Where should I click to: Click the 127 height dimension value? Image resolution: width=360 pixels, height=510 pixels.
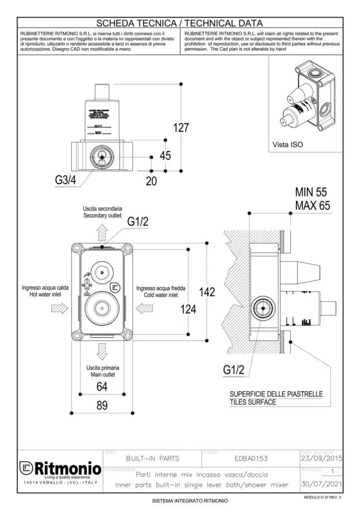(181, 128)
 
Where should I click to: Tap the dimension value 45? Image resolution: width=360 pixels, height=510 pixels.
(165, 156)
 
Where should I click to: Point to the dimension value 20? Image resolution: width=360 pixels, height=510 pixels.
(151, 182)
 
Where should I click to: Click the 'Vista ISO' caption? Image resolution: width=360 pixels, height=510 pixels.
(287, 145)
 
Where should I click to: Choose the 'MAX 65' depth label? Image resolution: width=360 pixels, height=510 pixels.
(312, 206)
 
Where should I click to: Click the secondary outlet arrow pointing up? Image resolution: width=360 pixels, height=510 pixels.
(102, 232)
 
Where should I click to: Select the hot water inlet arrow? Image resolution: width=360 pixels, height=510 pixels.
(59, 309)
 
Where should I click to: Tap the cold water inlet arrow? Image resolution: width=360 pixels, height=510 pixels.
(145, 309)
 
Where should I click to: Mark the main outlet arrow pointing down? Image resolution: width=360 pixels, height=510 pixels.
(102, 353)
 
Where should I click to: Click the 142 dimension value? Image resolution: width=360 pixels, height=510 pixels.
(207, 292)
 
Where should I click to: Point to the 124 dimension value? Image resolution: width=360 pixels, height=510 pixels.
(188, 310)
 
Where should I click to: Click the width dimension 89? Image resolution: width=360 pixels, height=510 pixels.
(102, 405)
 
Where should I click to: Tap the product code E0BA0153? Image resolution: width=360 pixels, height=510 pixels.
(250, 458)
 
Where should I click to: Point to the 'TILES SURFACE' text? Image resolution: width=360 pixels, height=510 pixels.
(252, 402)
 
